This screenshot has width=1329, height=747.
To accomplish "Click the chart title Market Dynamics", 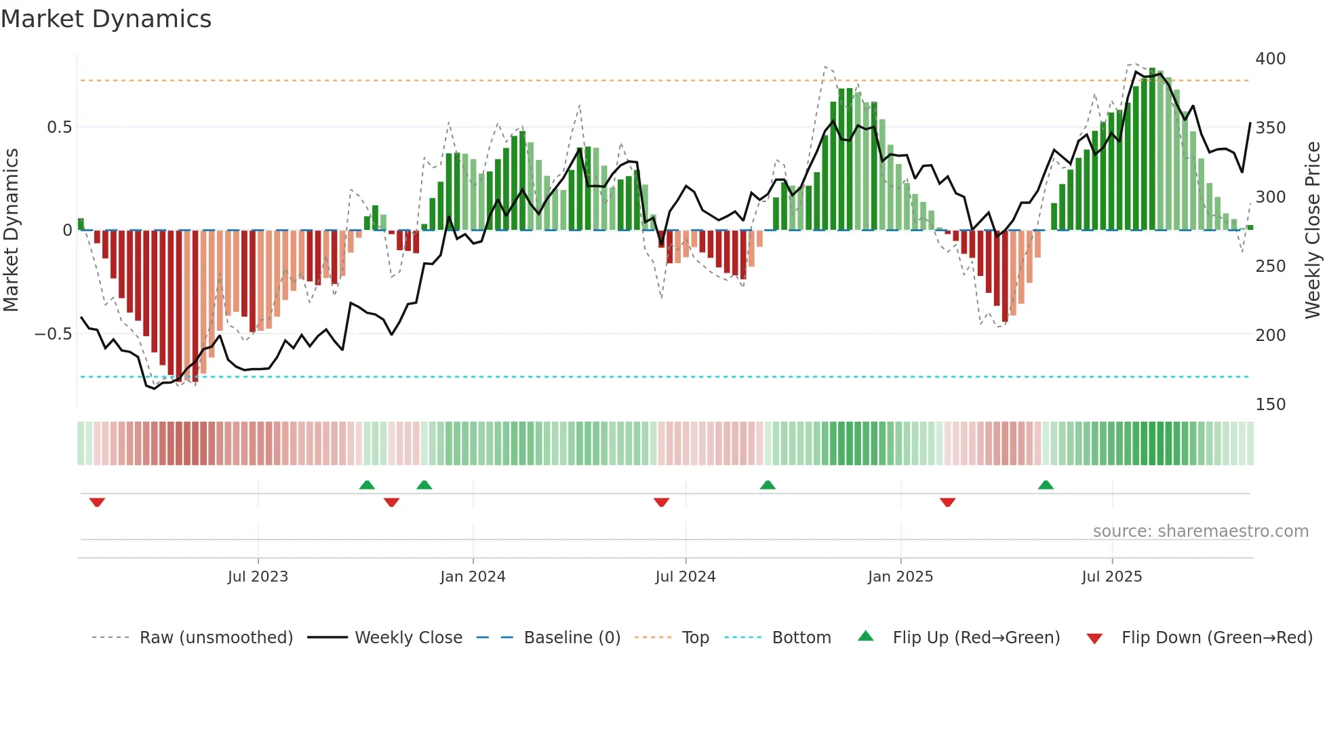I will pyautogui.click(x=106, y=19).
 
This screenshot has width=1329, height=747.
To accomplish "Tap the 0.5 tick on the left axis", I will pyautogui.click(x=59, y=127).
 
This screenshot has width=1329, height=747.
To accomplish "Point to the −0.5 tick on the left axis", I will pyautogui.click(x=53, y=334).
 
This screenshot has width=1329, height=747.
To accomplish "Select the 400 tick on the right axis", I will pyautogui.click(x=1270, y=59).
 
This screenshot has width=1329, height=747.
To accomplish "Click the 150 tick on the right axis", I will pyautogui.click(x=1270, y=405).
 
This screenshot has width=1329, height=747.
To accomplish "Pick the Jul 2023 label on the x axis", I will pyautogui.click(x=258, y=577).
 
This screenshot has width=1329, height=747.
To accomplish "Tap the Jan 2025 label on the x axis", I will pyautogui.click(x=900, y=577).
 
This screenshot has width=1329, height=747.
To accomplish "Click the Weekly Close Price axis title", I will pyautogui.click(x=1313, y=230).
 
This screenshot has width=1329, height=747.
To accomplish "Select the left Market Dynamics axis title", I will pyautogui.click(x=11, y=230).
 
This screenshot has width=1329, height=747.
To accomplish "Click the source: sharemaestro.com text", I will pyautogui.click(x=1200, y=531).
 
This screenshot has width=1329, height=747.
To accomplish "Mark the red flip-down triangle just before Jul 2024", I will pyautogui.click(x=661, y=502).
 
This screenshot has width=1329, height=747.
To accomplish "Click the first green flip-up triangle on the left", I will pyautogui.click(x=367, y=485).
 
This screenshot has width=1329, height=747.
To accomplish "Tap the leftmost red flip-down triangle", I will pyautogui.click(x=97, y=502).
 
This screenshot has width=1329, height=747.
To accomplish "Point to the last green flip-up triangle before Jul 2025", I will pyautogui.click(x=1046, y=485).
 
